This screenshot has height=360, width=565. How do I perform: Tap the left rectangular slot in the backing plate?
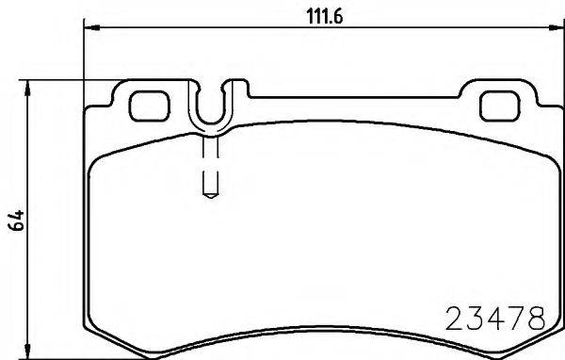click(x=146, y=106)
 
